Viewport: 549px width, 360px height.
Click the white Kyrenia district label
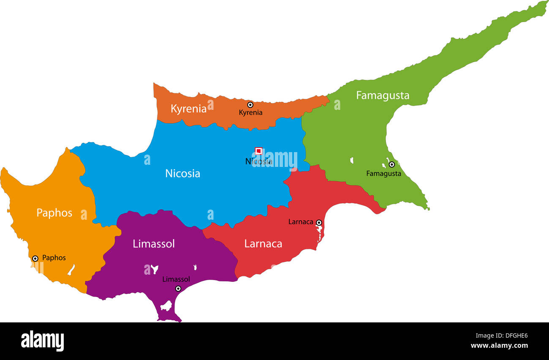point(188,109)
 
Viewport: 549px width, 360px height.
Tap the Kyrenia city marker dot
point(250,104)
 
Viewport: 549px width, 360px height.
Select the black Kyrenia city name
point(250,112)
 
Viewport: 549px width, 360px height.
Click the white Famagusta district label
point(383,95)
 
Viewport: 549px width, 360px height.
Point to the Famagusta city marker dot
point(391,164)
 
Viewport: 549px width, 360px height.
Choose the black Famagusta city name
point(383,173)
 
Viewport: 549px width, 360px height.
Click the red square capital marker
point(258,151)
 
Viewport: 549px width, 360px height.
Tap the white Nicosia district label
point(182,173)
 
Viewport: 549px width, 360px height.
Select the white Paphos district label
point(54,213)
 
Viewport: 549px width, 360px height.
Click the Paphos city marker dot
point(35,258)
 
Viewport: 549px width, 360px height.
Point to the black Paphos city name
point(54,258)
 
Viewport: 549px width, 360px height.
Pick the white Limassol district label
point(154,244)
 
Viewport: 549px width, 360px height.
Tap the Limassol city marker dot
point(178,289)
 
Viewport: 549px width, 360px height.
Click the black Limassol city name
point(176,279)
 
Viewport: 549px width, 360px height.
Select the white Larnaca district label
point(263,244)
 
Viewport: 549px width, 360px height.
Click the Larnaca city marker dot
point(319,222)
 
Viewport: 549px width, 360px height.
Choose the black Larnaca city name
point(301,221)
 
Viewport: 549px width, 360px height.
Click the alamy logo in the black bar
point(43,341)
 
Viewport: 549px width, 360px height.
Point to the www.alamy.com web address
point(499,346)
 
